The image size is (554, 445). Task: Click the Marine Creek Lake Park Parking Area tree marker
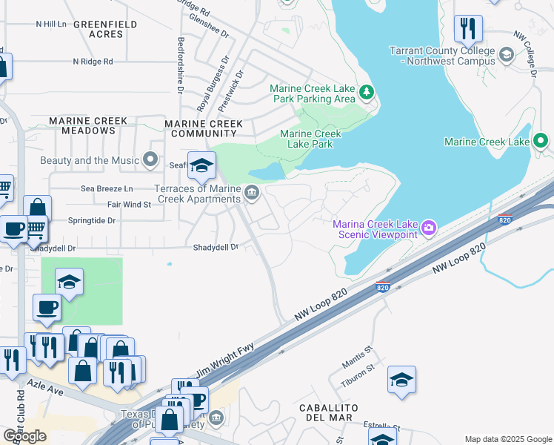click(366, 92)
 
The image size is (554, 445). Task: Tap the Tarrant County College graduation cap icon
click(507, 55)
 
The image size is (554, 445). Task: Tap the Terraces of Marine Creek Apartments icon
click(252, 194)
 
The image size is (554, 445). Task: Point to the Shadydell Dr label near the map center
click(216, 247)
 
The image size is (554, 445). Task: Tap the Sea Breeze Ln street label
click(107, 189)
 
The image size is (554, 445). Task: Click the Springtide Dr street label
click(92, 220)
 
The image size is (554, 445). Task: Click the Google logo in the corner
click(24, 435)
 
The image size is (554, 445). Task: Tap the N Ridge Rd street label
click(93, 62)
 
